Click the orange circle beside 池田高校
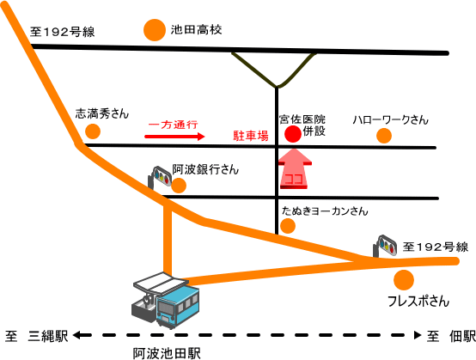[155, 30]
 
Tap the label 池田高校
[196, 30]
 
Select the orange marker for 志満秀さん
[93, 131]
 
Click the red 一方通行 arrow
[174, 137]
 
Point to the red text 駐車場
[251, 136]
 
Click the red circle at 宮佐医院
[293, 134]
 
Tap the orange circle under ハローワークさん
[384, 136]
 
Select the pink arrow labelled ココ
[295, 168]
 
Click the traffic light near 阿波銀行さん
[159, 177]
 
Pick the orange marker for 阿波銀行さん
[179, 186]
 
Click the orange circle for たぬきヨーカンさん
[288, 226]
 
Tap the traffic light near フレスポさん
[385, 245]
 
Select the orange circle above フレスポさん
[404, 280]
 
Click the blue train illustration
[178, 307]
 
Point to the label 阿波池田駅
[167, 353]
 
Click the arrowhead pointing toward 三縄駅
[77, 335]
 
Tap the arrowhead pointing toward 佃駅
[418, 335]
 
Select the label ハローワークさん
[390, 120]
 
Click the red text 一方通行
[173, 125]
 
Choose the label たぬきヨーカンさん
[325, 211]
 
